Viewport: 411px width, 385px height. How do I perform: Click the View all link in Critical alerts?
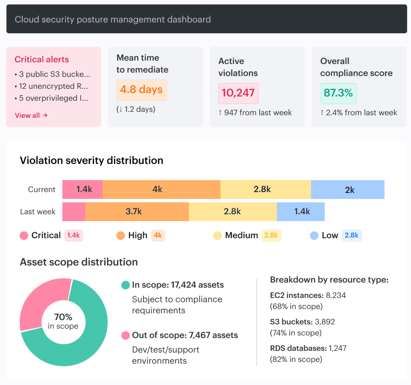pos(31,115)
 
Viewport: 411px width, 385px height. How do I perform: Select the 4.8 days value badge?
pos(141,90)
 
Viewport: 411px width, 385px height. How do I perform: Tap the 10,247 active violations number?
pos(238,93)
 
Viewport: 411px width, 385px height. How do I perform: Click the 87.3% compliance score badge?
pos(338,93)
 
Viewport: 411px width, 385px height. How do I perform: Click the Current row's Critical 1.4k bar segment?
pos(82,190)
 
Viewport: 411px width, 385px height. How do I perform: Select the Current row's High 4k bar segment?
pos(161,190)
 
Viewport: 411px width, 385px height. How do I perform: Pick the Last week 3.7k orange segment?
pos(137,211)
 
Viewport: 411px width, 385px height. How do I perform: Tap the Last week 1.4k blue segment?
pos(301,211)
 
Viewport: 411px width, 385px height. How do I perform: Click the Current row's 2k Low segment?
pos(348,190)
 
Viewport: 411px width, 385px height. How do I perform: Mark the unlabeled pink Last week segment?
pos(74,211)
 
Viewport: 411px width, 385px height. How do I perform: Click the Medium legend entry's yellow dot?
pos(217,236)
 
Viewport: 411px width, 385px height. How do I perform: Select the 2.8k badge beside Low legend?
pos(352,236)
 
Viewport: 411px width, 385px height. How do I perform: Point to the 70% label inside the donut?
pos(63,317)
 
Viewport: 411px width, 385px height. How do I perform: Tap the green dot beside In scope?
pos(125,285)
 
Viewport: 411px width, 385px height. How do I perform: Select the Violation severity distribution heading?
pos(91,160)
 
